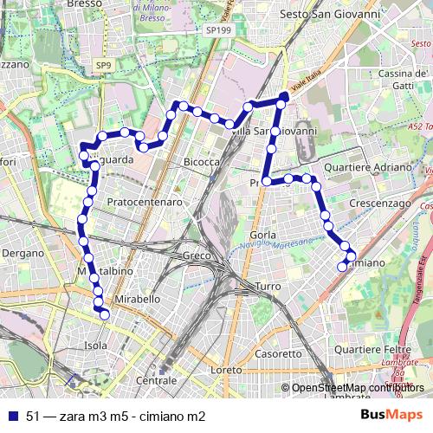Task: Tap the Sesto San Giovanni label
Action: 320,15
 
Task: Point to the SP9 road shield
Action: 103,65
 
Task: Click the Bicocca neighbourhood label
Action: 201,162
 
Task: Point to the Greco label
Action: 197,255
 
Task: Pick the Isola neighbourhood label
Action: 95,345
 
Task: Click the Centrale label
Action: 157,380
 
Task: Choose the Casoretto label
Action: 279,353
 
